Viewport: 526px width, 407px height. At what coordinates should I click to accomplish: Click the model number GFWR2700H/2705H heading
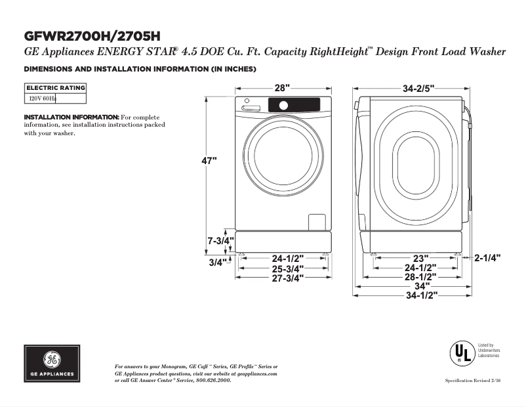tap(92, 35)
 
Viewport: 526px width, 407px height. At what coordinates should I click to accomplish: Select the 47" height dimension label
tap(209, 161)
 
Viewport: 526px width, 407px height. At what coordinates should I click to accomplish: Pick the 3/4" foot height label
tap(217, 262)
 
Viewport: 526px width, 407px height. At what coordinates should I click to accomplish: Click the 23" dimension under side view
tap(420, 259)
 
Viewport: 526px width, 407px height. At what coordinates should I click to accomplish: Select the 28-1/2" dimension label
tap(420, 277)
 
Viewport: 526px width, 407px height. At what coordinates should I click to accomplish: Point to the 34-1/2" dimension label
tap(420, 295)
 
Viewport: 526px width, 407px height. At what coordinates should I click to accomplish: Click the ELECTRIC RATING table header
tap(55, 87)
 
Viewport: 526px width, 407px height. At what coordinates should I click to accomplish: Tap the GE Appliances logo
tap(52, 364)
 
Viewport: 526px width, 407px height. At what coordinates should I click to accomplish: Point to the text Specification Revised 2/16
tap(472, 381)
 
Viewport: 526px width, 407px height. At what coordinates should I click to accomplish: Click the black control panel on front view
tap(293, 104)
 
